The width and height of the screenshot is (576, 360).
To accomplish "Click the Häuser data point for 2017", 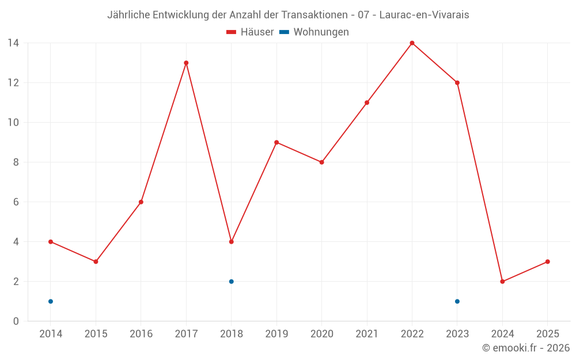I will tap(186, 63).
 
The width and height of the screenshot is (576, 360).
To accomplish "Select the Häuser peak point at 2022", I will tap(412, 43).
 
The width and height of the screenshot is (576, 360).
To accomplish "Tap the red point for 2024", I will tap(502, 282).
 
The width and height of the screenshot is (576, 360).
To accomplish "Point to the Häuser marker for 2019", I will tap(276, 142).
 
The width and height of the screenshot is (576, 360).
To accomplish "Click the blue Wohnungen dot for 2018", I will tap(231, 282).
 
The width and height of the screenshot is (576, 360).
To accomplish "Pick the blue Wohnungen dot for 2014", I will tap(51, 301).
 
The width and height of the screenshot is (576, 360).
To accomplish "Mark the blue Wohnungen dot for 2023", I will tap(457, 301).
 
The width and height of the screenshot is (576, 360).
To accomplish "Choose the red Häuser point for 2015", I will tap(96, 262).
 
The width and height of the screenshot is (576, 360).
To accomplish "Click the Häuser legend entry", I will tap(250, 32).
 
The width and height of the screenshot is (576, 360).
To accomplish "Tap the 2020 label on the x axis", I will tap(321, 334).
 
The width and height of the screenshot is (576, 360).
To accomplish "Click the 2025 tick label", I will tap(547, 334).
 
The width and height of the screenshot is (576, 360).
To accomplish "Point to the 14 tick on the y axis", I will tap(13, 43).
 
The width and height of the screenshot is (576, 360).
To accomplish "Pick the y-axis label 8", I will tap(16, 162).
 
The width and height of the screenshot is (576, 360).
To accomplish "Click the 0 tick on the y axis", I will tap(16, 321).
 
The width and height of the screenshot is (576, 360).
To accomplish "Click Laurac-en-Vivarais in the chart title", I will tap(424, 15).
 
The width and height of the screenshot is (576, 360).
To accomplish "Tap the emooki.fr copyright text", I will tap(526, 348).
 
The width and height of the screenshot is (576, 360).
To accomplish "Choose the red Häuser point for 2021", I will tap(367, 103).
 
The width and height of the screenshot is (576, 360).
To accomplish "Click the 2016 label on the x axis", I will tap(141, 334).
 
